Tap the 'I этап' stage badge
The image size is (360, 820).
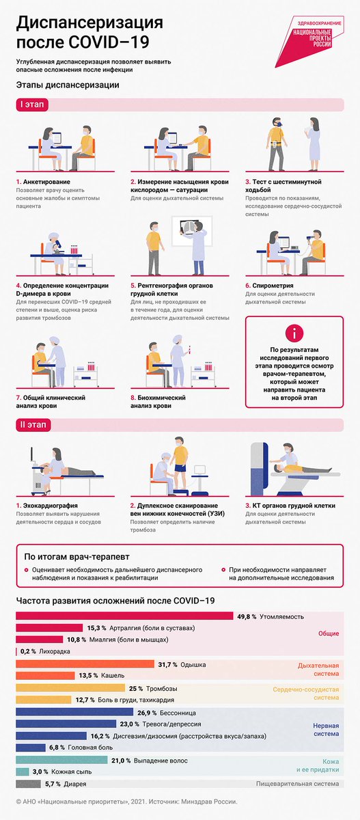click(32, 105)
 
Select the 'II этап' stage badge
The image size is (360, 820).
click(33, 425)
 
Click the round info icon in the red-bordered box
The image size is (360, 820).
click(294, 333)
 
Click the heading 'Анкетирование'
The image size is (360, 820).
click(46, 182)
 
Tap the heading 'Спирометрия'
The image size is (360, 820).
click(273, 286)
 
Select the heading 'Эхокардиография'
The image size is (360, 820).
click(50, 506)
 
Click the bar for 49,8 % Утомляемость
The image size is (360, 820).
click(124, 616)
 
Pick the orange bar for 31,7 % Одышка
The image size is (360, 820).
click(85, 664)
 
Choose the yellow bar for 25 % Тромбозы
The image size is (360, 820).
click(70, 688)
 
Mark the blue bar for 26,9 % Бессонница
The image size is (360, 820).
click(74, 712)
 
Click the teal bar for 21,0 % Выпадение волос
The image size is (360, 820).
click(61, 761)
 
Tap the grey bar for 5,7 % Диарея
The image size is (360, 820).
click(28, 784)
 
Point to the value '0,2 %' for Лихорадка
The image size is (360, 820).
click(28, 651)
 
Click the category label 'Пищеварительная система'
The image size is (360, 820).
click(297, 784)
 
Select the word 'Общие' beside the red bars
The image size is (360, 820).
click(329, 633)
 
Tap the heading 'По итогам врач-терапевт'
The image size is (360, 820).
click(77, 557)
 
